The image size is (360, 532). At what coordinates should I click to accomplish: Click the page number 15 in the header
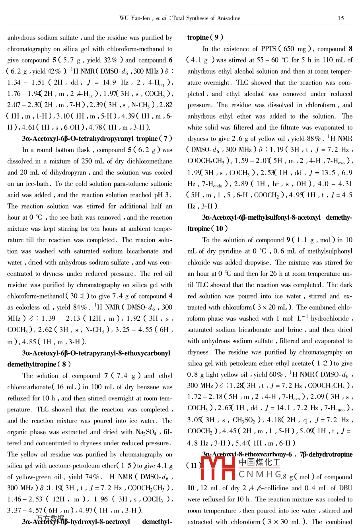coord(341,18)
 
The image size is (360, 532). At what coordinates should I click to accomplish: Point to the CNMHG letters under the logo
coord(260,474)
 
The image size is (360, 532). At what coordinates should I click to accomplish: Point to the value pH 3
coord(163,195)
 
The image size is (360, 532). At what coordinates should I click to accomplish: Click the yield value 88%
coord(313,139)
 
